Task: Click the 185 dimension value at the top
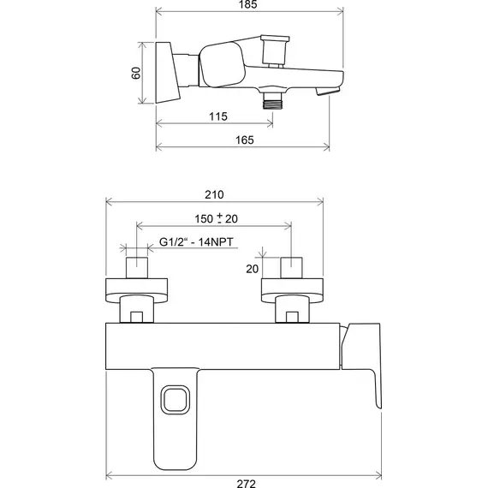(247, 4)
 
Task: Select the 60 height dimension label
(136, 73)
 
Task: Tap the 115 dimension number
(218, 116)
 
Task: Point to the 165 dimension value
(245, 140)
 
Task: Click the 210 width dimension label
(214, 195)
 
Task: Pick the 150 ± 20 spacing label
(217, 219)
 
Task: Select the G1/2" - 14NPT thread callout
(196, 242)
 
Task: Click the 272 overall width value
(247, 484)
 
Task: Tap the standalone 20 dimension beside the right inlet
(253, 269)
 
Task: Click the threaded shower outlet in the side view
(272, 101)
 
